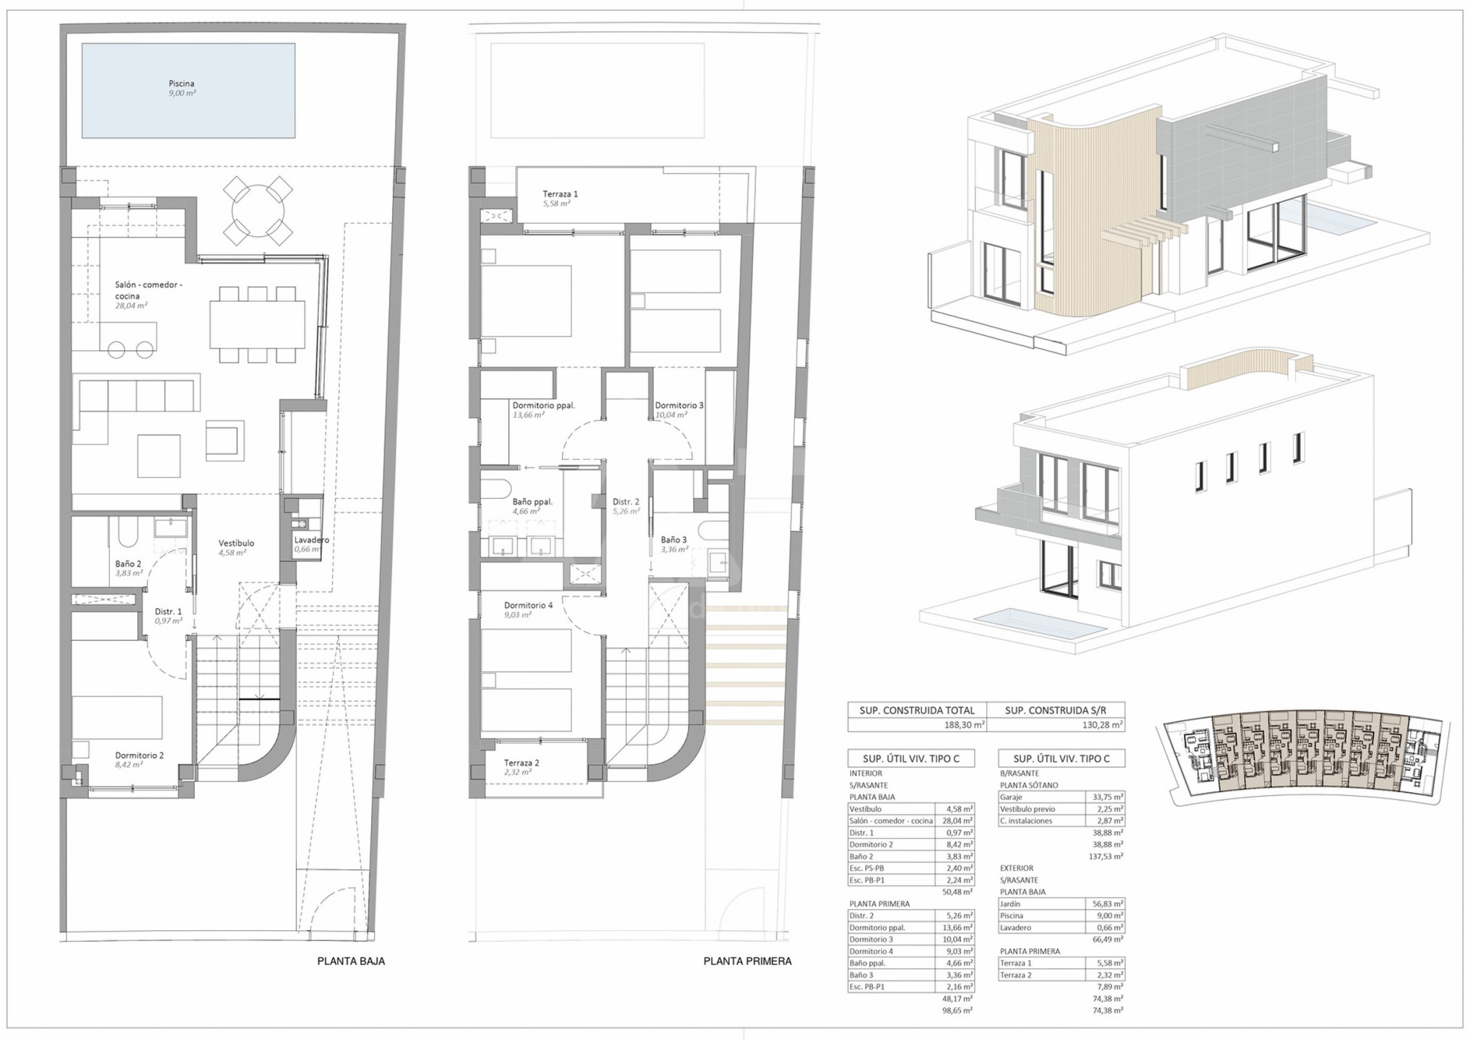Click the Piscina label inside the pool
181,84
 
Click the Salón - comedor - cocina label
148,290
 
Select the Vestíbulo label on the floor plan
236,543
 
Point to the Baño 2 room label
129,564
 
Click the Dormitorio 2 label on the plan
139,755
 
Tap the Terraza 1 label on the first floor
560,194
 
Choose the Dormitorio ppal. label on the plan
544,406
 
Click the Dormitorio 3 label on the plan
679,406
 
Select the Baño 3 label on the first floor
674,539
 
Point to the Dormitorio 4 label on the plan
528,605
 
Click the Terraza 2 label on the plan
521,763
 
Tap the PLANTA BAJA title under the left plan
351,961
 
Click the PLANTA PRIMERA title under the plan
747,961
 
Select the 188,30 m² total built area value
964,725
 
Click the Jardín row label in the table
1010,903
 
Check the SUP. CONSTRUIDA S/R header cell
1055,711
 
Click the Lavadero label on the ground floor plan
311,539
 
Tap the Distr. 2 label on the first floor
626,502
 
